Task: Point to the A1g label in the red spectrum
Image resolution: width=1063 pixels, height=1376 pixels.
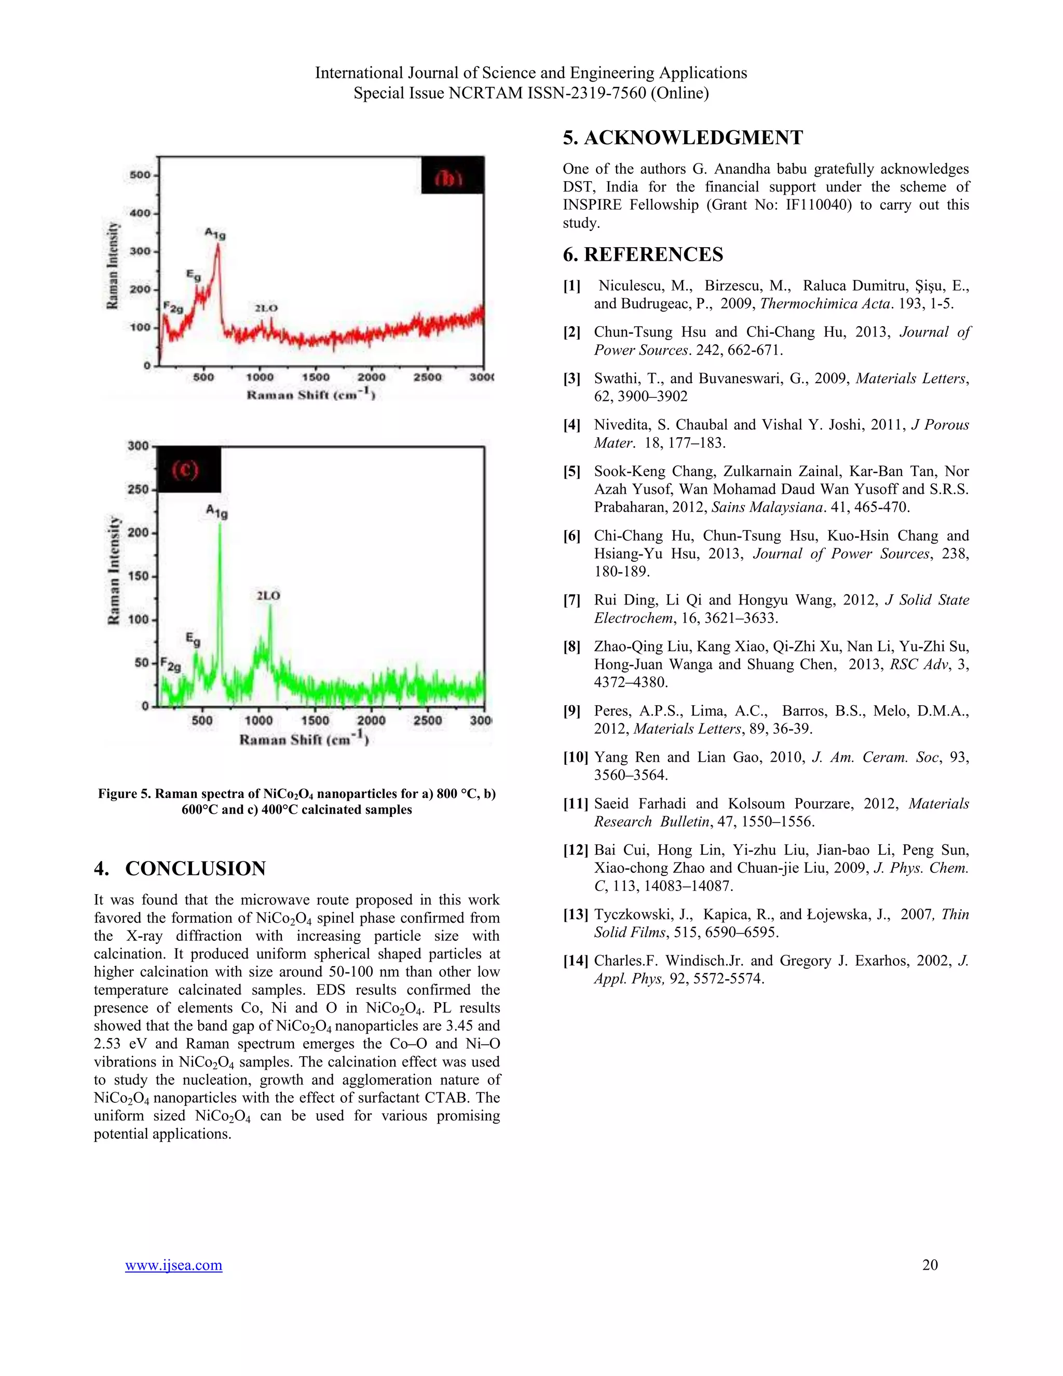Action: (x=215, y=234)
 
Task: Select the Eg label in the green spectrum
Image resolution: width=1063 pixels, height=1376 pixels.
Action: (x=193, y=640)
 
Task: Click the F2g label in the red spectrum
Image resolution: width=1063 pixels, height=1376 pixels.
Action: (x=173, y=308)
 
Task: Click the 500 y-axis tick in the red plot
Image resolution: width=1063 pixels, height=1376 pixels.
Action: (x=140, y=174)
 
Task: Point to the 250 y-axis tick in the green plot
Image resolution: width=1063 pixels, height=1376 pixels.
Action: (x=138, y=489)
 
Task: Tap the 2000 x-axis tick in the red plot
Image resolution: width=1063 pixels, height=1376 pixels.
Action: (x=372, y=377)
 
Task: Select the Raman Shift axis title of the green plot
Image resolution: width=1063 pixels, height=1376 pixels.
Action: (x=304, y=739)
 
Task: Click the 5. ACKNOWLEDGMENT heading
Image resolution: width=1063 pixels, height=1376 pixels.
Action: (x=683, y=138)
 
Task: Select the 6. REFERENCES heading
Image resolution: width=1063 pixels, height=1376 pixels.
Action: (x=643, y=254)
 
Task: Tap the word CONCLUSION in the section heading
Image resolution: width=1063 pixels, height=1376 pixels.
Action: (x=195, y=868)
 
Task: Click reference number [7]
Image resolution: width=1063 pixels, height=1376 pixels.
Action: (x=572, y=600)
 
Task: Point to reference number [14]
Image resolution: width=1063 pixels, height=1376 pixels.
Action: (x=575, y=961)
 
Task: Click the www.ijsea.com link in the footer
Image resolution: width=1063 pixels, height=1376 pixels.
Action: (x=173, y=1265)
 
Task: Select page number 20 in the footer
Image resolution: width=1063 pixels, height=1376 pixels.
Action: (x=930, y=1264)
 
